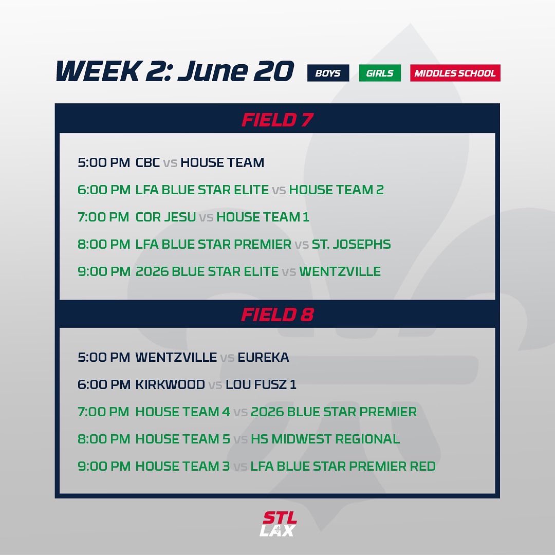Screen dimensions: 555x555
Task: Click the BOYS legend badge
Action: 328,73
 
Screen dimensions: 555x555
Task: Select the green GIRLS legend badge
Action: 379,73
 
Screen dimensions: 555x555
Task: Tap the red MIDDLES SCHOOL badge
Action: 455,73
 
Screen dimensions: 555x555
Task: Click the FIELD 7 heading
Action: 277,120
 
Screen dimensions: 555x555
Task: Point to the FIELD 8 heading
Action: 277,314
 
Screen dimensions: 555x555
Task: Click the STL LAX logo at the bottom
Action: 277,524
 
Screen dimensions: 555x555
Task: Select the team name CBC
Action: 147,163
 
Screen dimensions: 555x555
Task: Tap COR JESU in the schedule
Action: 165,217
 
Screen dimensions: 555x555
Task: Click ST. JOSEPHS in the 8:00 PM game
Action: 351,245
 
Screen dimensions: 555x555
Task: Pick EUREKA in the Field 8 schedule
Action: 263,358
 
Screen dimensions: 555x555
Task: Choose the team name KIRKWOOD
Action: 170,385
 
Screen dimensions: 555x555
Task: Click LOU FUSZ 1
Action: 261,385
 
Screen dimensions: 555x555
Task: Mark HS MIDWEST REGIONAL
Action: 325,439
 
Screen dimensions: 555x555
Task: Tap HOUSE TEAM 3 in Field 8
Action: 182,467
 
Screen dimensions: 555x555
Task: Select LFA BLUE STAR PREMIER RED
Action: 343,467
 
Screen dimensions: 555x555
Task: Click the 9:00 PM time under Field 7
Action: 104,272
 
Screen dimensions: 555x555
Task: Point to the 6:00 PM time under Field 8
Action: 104,385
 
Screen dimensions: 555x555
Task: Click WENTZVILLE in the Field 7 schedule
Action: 340,272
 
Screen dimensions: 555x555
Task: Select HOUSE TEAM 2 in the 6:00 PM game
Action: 336,190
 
